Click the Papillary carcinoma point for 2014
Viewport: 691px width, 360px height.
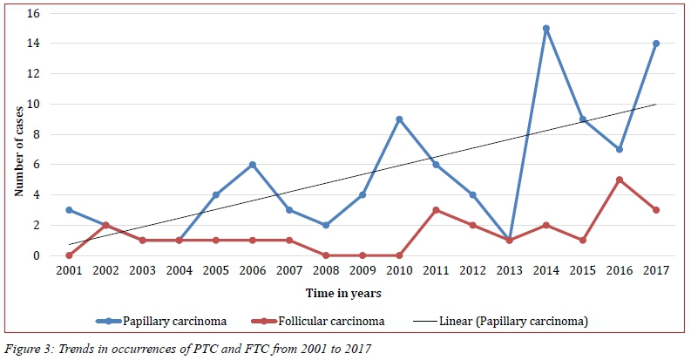[545, 29]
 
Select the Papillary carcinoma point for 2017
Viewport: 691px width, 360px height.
[655, 44]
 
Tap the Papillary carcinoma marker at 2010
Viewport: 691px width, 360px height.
[398, 119]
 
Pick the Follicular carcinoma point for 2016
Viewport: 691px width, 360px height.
[619, 180]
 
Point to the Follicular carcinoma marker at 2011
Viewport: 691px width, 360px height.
[435, 210]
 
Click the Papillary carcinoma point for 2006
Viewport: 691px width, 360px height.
[252, 165]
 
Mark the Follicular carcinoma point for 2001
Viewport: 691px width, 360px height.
[69, 255]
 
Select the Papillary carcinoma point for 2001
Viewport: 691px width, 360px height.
[69, 210]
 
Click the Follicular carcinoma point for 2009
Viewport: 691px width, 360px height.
[362, 255]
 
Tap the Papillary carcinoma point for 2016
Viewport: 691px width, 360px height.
[619, 150]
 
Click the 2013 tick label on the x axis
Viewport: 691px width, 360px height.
[508, 271]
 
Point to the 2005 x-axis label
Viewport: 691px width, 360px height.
[215, 271]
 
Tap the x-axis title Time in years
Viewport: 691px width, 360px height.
[361, 294]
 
